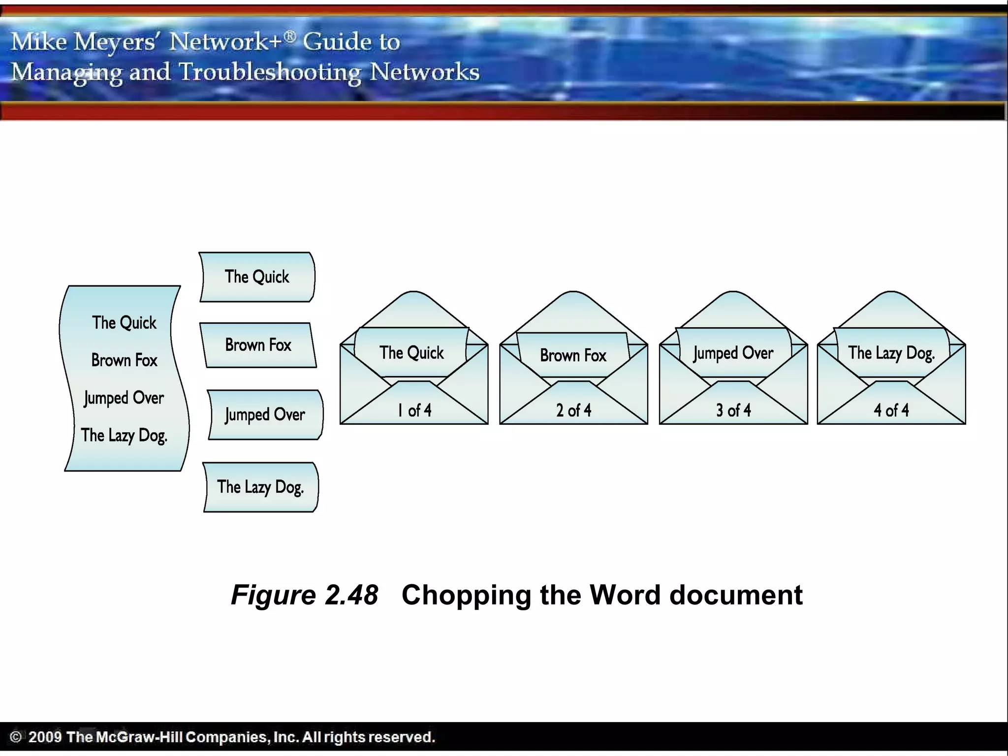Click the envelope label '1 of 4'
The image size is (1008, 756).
(414, 410)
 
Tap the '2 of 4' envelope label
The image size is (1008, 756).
(573, 410)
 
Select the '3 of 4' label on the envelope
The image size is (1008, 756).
(733, 410)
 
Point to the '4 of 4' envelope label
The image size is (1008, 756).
(891, 410)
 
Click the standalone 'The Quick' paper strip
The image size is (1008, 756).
(257, 277)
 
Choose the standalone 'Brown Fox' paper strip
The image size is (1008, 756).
(258, 345)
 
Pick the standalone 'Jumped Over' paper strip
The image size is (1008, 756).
(265, 415)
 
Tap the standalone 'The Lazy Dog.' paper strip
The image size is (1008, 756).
(261, 487)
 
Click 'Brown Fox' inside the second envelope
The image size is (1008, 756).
(573, 355)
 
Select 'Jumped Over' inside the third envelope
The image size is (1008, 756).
(733, 353)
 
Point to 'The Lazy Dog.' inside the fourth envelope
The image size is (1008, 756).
(891, 353)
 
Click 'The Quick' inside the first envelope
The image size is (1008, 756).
(411, 353)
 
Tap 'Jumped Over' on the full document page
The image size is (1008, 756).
(124, 398)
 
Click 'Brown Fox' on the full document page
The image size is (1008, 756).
(124, 360)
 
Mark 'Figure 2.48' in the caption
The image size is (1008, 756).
(305, 595)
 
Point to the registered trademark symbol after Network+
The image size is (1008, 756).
(290, 36)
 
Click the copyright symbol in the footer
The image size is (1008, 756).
(16, 737)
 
